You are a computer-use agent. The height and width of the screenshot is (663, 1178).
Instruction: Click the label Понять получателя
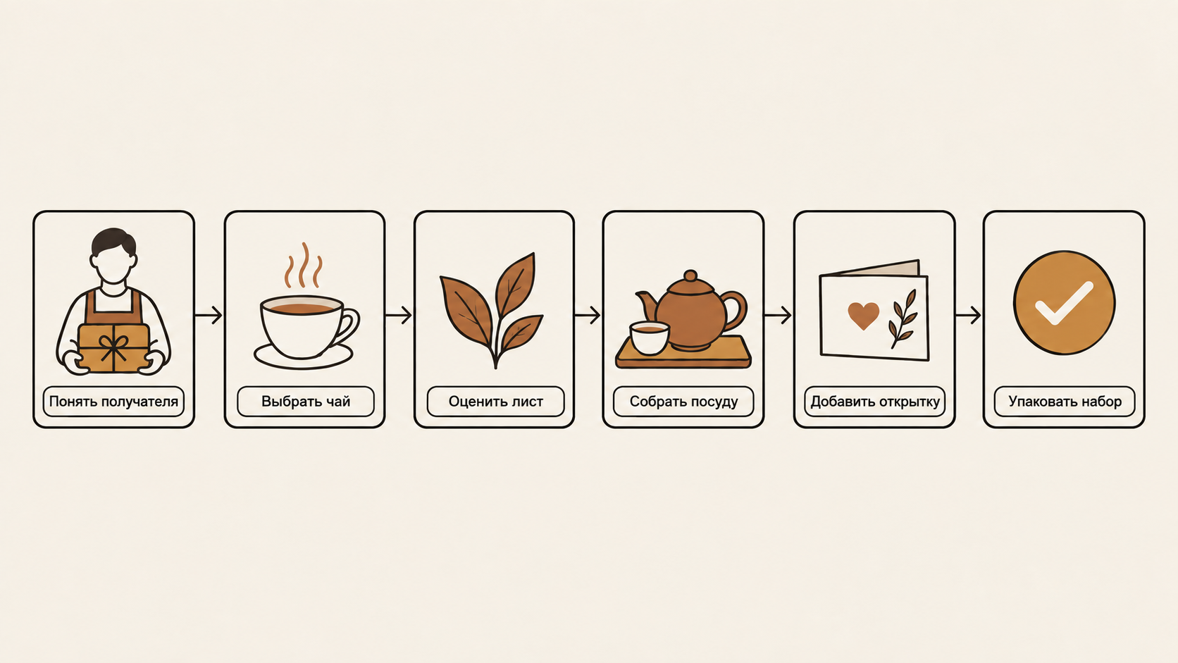[x=113, y=402]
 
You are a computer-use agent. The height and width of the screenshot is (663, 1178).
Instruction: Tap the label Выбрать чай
[x=306, y=402]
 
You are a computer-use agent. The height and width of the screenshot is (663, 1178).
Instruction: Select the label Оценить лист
[x=495, y=402]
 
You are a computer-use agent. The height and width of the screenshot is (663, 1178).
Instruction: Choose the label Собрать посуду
[x=683, y=402]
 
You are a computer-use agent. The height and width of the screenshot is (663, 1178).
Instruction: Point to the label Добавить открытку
[x=875, y=402]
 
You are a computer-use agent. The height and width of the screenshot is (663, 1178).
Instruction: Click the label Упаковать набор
[x=1065, y=402]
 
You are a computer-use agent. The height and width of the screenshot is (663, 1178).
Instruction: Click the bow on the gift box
[x=113, y=347]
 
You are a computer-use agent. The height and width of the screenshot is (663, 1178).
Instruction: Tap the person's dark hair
[x=113, y=240]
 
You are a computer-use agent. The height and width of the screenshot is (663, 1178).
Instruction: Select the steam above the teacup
[x=304, y=266]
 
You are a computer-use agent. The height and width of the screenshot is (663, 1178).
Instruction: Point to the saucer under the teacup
[x=304, y=357]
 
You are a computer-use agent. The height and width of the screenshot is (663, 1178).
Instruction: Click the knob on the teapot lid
[x=690, y=276]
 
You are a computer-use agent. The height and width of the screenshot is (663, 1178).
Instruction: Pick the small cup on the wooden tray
[x=650, y=337]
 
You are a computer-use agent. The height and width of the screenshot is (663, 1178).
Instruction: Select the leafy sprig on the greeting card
[x=903, y=319]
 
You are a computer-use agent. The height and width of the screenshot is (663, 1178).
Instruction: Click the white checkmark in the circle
[x=1065, y=304]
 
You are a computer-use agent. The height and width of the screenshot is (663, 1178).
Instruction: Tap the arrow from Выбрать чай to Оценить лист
[x=398, y=316]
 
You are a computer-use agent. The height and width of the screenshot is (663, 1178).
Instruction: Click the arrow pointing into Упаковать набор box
[x=968, y=316]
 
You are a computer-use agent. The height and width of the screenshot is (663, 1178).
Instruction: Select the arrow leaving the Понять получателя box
[x=209, y=316]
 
